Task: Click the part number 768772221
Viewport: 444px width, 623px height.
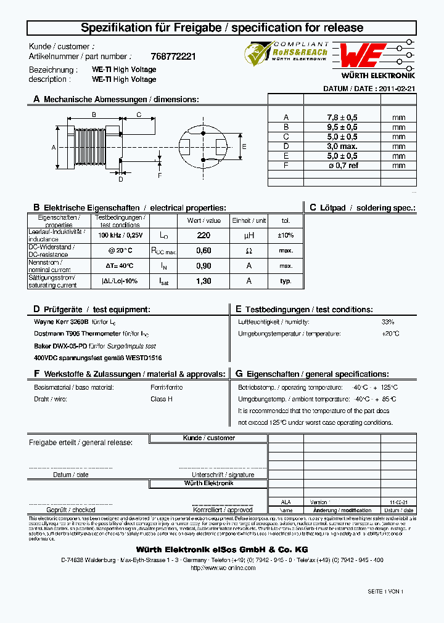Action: click(x=173, y=56)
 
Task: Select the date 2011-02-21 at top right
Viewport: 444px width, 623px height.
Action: click(x=397, y=89)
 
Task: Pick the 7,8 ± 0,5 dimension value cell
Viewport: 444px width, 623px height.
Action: click(x=342, y=117)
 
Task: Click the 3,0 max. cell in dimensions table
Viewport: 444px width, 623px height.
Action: click(x=342, y=146)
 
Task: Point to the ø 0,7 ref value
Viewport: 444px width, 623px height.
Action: click(x=342, y=165)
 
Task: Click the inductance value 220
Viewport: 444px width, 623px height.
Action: click(x=203, y=235)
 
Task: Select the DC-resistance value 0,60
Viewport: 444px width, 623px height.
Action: click(x=203, y=251)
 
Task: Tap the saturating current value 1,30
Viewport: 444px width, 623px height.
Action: click(x=203, y=281)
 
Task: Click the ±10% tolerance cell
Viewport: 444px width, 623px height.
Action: click(x=286, y=235)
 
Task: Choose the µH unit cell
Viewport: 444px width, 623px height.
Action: click(x=249, y=235)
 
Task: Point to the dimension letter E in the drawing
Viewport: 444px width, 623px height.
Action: click(x=244, y=147)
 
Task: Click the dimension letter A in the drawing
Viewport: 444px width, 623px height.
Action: click(x=54, y=148)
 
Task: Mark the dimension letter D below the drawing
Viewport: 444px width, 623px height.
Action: click(x=121, y=180)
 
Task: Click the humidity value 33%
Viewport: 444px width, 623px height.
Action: click(x=387, y=322)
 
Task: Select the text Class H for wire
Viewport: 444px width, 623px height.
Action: click(x=162, y=399)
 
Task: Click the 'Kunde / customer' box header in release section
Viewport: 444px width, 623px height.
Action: click(x=208, y=438)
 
